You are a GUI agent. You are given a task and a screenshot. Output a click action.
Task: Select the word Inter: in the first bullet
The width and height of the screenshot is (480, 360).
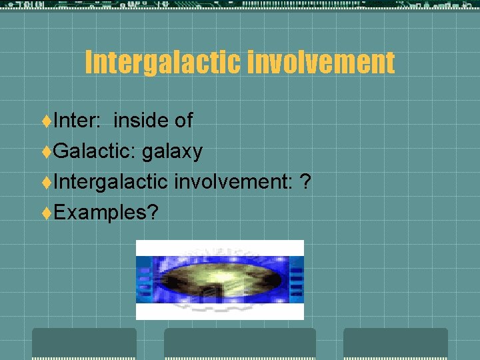[x=77, y=120]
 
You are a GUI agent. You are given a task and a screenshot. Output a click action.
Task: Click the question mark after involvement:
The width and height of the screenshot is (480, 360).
[x=305, y=181]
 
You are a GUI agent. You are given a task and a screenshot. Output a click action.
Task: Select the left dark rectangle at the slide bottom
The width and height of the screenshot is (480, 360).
[x=84, y=343]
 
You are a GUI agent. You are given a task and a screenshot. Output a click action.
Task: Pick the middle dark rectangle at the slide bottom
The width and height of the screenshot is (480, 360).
[x=240, y=343]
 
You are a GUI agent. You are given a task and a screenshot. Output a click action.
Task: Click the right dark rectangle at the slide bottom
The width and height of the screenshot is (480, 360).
[x=395, y=343]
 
